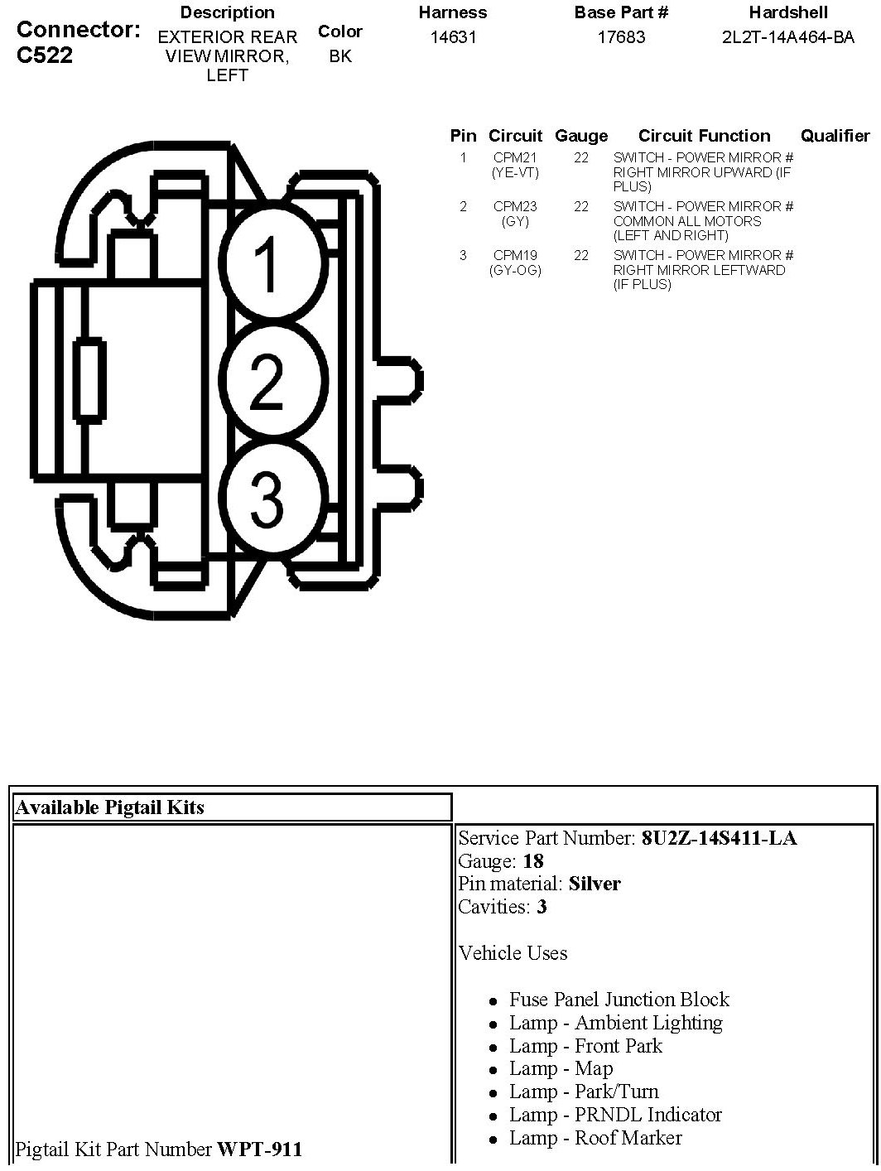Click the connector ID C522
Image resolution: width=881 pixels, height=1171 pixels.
tap(45, 55)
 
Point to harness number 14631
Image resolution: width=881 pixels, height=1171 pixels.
tap(453, 37)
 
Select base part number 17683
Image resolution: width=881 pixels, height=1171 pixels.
tap(621, 37)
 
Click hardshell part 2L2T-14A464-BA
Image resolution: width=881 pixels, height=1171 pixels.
tap(787, 37)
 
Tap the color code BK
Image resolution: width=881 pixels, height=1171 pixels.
tap(340, 56)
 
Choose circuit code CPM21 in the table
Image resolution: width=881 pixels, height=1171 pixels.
tap(515, 158)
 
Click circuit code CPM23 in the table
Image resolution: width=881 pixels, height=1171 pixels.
tap(515, 207)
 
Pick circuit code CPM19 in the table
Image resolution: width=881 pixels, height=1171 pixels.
tap(515, 256)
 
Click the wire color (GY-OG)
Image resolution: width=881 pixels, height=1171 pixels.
tap(515, 270)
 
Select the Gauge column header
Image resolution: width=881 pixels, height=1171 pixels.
tap(581, 137)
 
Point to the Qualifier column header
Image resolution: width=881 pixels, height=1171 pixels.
tap(835, 137)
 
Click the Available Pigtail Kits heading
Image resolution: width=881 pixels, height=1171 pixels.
tap(109, 807)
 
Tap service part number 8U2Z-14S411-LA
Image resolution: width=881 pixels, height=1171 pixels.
tap(719, 838)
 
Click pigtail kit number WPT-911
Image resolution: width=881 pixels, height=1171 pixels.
tap(259, 1149)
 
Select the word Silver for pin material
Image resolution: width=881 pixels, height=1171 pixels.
tap(595, 884)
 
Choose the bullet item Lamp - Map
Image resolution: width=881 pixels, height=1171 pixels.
tap(561, 1069)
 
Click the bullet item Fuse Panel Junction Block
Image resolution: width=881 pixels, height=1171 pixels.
tap(619, 1000)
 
